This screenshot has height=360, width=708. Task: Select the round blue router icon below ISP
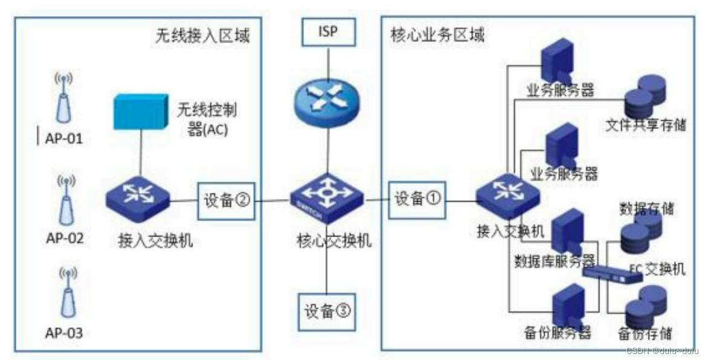click(x=327, y=100)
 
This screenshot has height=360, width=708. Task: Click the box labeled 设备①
click(x=416, y=199)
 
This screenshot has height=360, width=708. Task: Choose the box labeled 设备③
click(x=327, y=311)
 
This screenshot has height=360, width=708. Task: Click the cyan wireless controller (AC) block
click(x=140, y=111)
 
